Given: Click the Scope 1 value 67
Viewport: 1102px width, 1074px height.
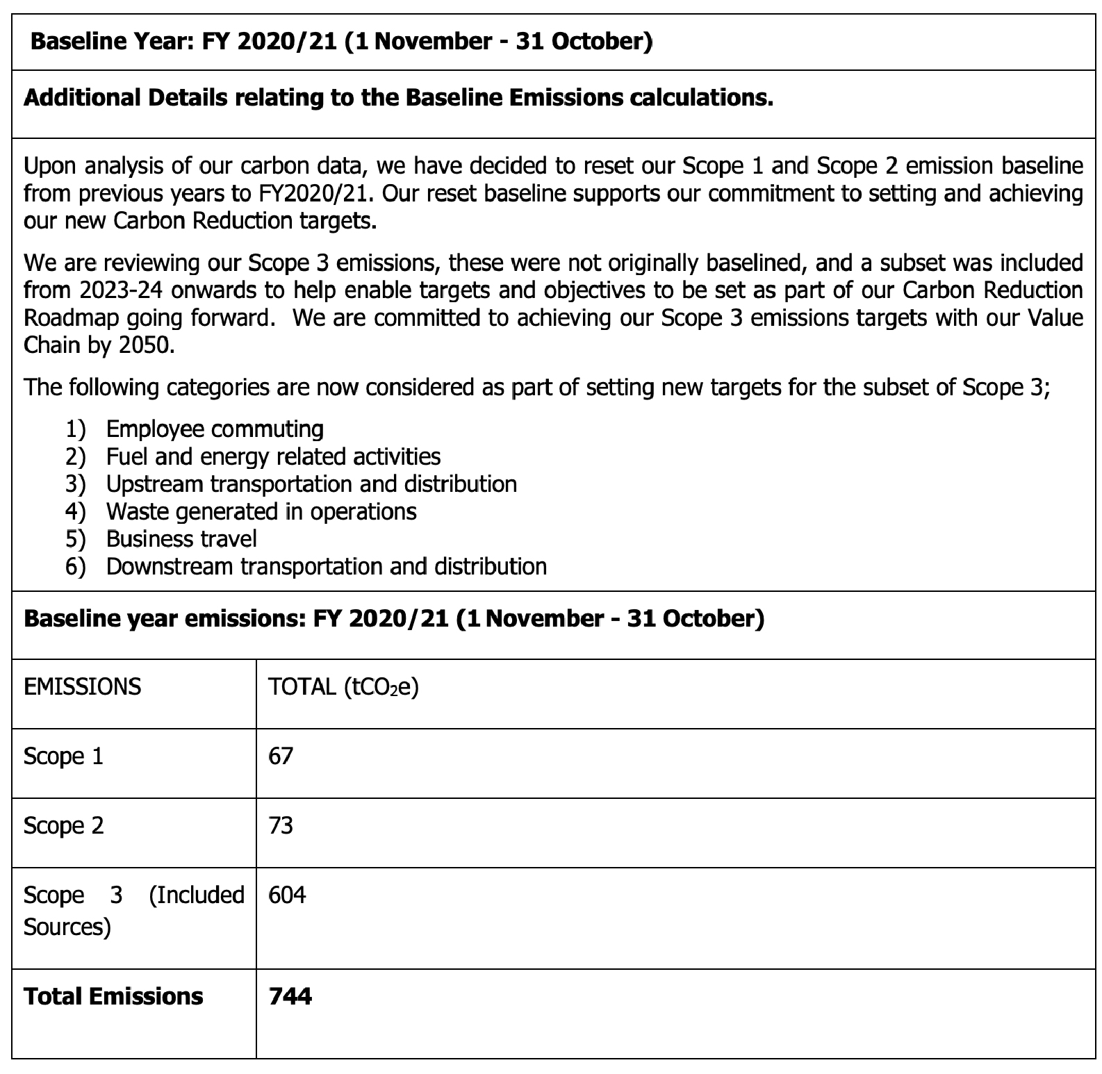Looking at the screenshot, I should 281,756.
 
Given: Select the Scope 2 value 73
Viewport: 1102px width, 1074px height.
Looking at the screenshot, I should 281,825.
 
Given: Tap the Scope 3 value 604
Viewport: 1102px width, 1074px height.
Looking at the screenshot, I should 287,895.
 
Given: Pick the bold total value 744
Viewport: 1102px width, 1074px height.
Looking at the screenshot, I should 290,996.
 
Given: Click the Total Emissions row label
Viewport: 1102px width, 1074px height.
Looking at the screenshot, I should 113,996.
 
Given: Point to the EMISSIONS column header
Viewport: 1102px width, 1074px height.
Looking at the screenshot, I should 82,686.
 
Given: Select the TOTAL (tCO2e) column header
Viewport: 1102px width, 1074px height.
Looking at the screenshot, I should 343,686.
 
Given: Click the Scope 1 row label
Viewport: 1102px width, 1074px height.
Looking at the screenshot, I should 63,756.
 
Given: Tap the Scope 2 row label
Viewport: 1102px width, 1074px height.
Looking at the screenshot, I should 63,825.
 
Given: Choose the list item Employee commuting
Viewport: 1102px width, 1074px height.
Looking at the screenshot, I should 215,429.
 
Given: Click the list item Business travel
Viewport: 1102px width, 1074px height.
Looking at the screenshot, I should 181,539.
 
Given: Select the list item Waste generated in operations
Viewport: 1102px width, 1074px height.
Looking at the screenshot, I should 261,512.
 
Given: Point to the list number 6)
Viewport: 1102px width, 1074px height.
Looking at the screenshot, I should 76,567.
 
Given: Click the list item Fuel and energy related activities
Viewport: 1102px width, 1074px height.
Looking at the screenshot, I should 273,456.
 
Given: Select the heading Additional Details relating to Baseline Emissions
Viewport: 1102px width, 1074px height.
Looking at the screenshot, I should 398,98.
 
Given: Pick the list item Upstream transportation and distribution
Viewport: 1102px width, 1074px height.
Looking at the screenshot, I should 311,484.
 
